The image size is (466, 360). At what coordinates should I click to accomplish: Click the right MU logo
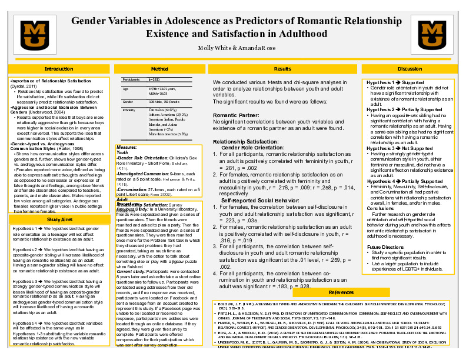pyautogui.click(x=430, y=36)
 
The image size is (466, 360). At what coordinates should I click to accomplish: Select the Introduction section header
pyautogui.click(x=59, y=69)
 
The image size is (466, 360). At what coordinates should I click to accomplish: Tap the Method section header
pyautogui.click(x=159, y=69)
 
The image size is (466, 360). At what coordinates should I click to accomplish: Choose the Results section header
pyautogui.click(x=282, y=69)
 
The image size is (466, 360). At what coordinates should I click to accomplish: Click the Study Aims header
pyautogui.click(x=59, y=219)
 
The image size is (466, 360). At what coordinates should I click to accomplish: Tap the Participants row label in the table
pyautogui.click(x=131, y=79)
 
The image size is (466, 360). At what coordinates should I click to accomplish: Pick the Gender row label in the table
pyautogui.click(x=128, y=102)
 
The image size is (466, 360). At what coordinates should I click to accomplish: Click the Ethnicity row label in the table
pyautogui.click(x=129, y=110)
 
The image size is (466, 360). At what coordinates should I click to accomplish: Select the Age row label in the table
pyautogui.click(x=125, y=88)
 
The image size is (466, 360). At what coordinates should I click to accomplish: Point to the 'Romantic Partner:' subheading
pyautogui.click(x=237, y=115)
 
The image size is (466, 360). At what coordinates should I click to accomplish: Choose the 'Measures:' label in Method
pyautogui.click(x=127, y=146)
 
